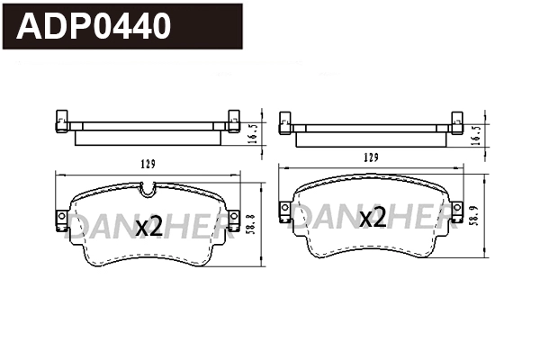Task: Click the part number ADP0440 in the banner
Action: pos(94,26)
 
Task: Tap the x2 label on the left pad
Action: pos(148,227)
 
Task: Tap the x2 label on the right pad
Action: pos(372,217)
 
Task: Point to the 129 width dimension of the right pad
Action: pos(370,157)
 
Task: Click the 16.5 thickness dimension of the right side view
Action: pos(477,132)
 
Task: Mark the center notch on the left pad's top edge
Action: pos(148,190)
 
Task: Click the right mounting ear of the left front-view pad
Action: pos(234,219)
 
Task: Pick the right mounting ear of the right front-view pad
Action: pos(456,211)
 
